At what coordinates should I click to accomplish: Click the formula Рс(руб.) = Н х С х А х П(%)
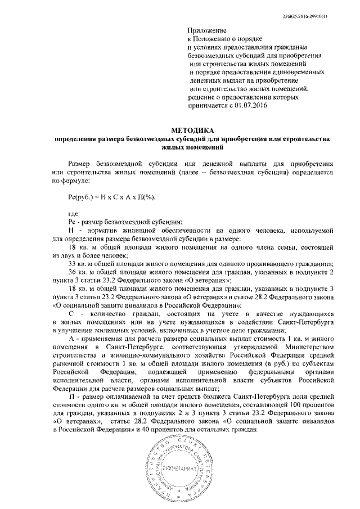pyautogui.click(x=111, y=197)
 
